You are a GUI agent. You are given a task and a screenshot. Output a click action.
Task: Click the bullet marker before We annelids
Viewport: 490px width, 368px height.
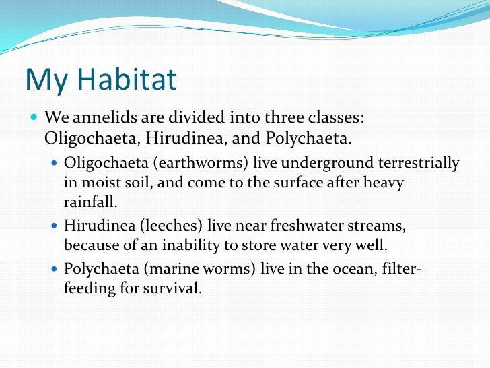pos(34,117)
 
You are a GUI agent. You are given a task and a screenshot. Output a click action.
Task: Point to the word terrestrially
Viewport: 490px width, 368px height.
pos(413,163)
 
